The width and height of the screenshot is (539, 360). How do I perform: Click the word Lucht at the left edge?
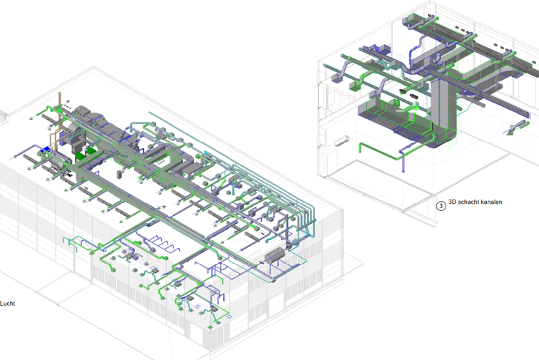click(7, 303)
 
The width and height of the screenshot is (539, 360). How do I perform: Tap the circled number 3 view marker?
click(441, 205)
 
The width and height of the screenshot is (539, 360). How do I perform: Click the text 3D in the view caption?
click(452, 202)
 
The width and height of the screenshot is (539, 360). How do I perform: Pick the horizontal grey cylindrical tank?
click(275, 255)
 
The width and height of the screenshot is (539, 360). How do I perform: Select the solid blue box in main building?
click(45, 150)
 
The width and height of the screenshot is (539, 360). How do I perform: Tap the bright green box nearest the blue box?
click(80, 156)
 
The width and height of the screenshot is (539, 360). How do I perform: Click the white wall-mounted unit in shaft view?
click(342, 141)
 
